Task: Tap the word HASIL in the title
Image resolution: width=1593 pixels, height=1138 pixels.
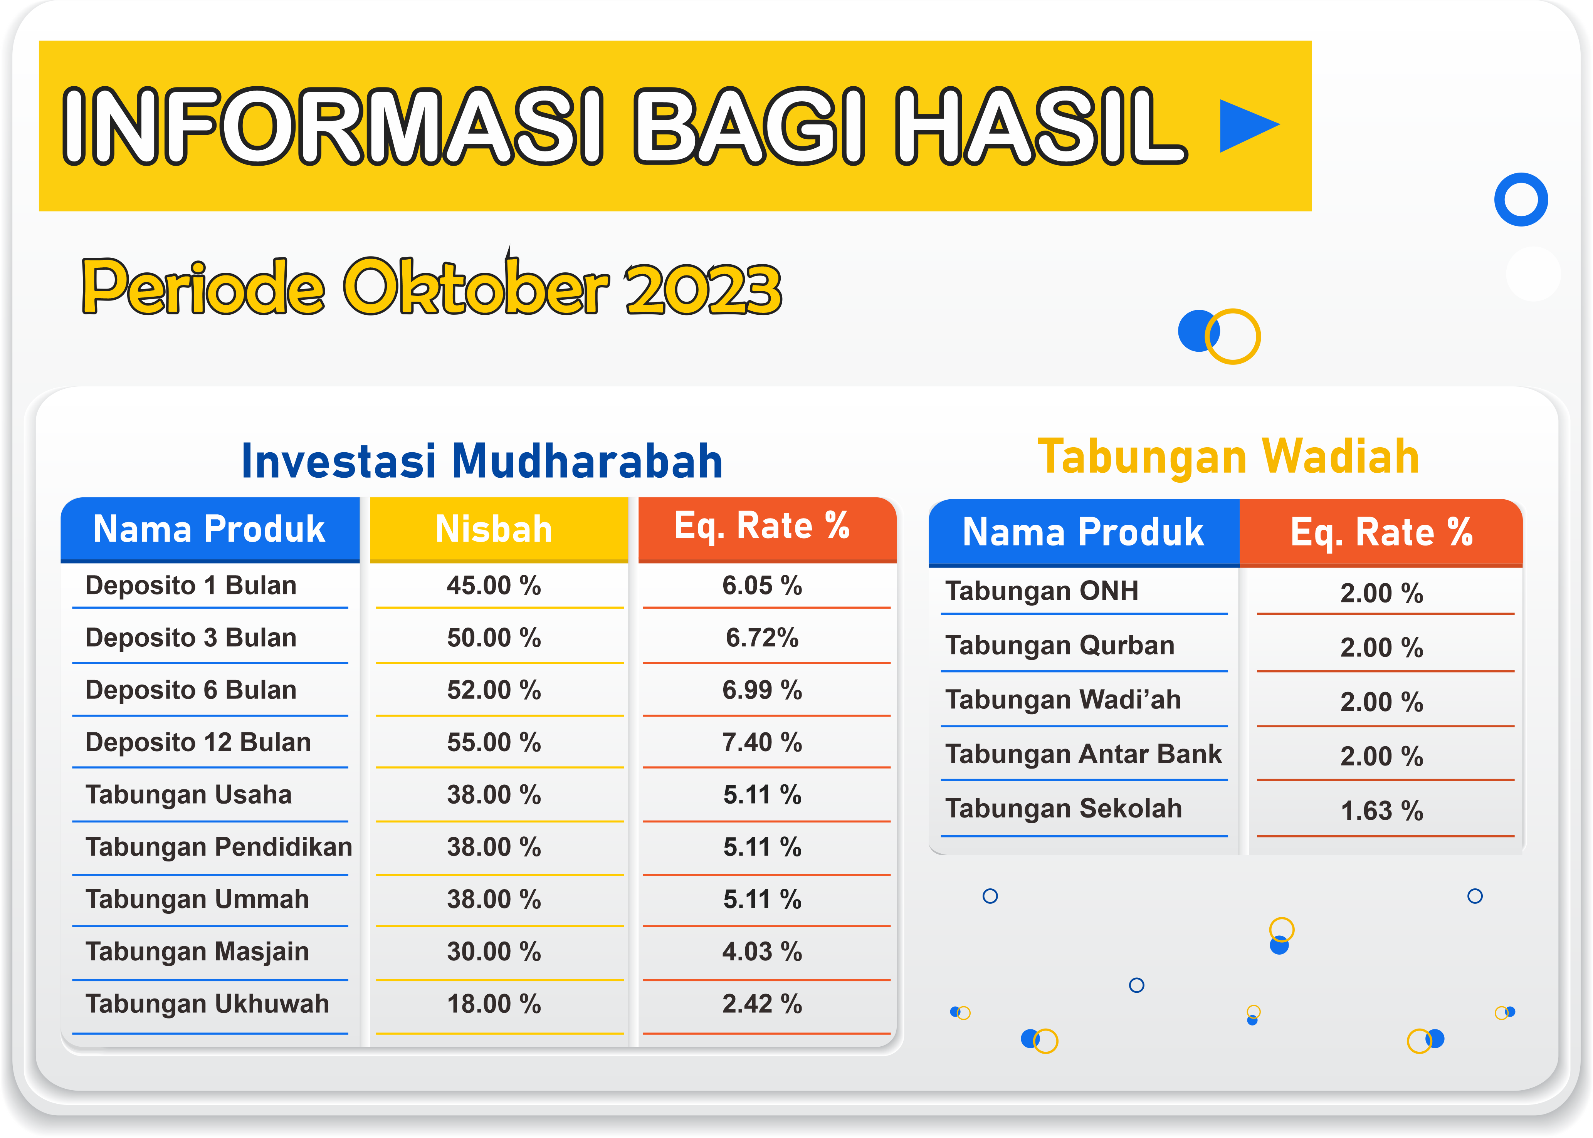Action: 1042,126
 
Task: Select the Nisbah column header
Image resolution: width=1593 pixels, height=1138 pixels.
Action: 494,529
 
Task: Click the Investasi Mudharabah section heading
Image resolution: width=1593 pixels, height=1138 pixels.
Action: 482,461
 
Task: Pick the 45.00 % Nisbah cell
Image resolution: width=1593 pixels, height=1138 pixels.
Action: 494,586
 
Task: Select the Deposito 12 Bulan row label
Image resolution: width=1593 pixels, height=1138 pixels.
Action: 198,742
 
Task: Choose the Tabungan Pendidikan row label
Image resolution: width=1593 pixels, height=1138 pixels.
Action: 218,847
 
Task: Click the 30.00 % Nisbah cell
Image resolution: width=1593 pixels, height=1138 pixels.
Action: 494,952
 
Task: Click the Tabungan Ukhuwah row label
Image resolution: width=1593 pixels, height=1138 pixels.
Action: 207,1004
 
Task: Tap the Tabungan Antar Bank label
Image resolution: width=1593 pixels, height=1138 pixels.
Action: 1084,754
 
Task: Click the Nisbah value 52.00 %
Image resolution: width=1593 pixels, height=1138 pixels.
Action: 494,690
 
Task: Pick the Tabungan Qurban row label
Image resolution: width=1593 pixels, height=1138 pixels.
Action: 1060,645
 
